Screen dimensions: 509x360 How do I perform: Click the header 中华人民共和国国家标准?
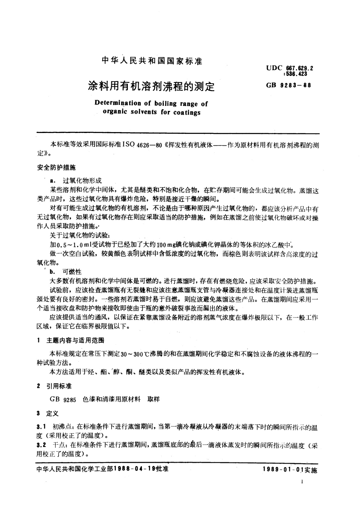[152, 61]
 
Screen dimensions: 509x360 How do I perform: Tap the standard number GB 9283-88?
[289, 85]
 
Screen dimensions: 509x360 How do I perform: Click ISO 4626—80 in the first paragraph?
[142, 145]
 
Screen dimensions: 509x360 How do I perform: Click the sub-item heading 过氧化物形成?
[82, 181]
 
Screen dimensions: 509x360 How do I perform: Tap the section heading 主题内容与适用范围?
[75, 340]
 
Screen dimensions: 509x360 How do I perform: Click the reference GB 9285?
[63, 399]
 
